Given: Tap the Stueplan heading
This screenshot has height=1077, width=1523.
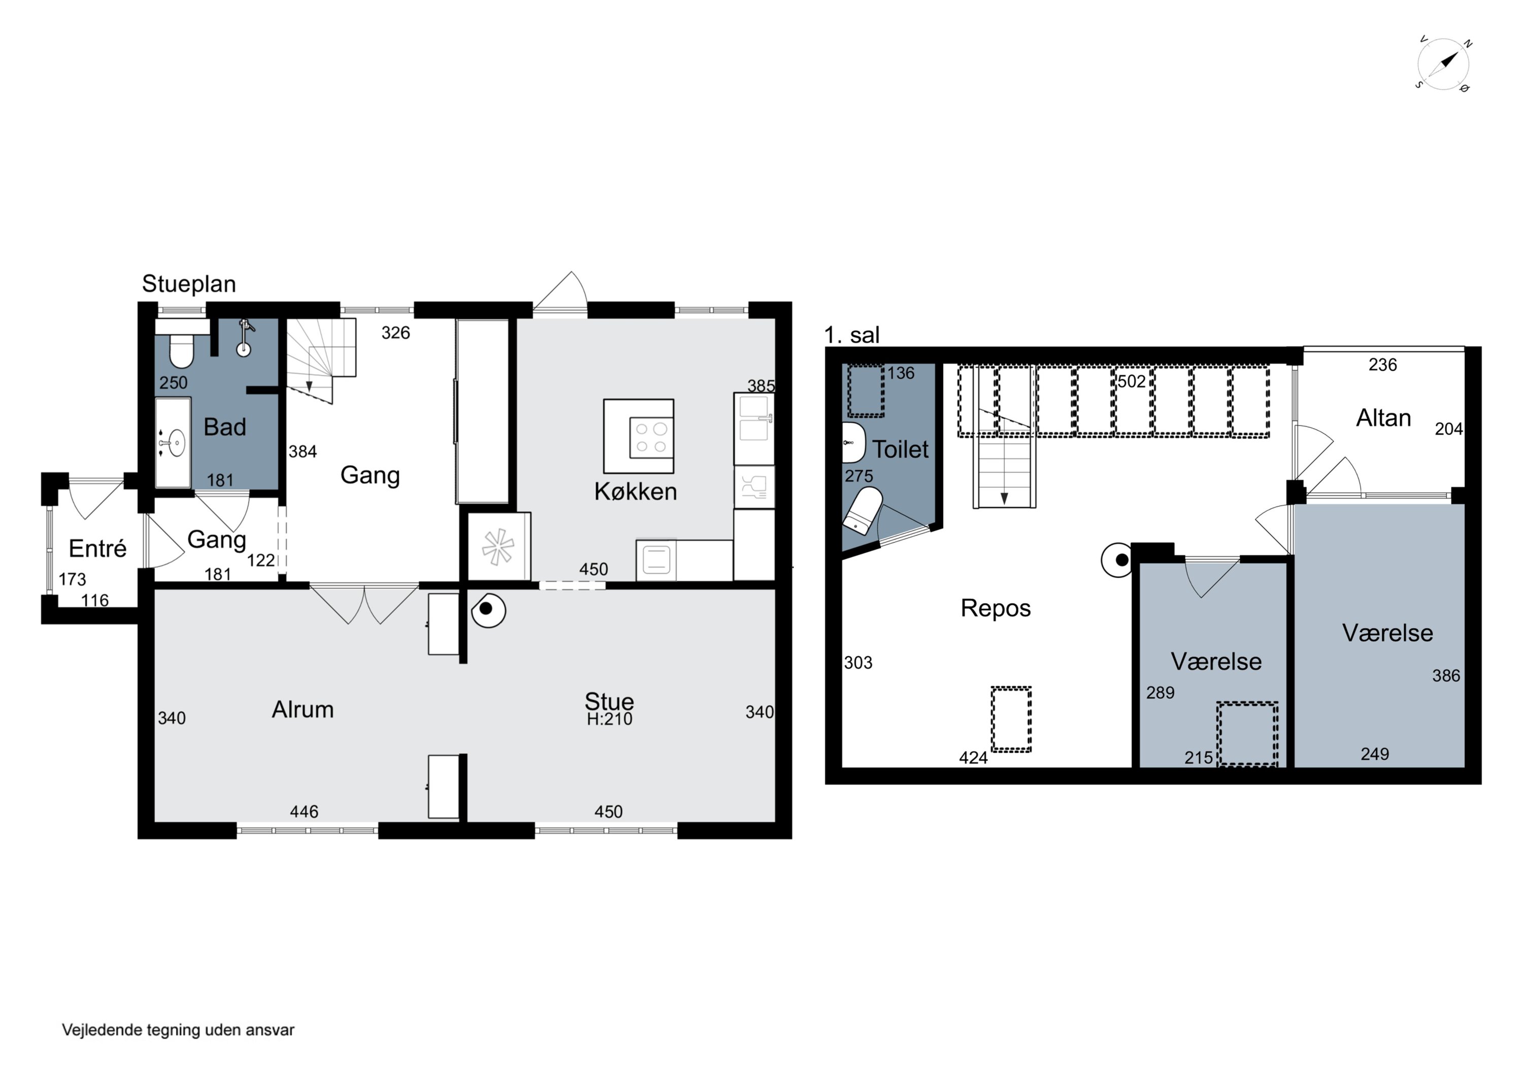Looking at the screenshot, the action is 189,284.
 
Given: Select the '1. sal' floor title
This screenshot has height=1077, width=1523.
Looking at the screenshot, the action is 852,335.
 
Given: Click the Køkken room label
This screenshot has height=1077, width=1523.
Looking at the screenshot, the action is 636,492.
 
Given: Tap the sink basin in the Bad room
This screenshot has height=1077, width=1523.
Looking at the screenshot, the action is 176,443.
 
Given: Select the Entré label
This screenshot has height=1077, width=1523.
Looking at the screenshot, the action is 97,549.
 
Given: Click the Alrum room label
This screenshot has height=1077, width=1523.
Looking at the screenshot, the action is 303,709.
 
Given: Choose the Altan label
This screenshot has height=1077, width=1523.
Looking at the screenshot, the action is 1383,418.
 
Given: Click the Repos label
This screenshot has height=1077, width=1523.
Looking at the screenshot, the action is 996,608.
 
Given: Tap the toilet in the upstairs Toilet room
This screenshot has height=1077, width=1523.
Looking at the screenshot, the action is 863,510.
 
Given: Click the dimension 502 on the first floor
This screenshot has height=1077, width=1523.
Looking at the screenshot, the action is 1132,381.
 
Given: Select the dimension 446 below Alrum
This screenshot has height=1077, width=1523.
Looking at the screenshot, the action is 304,811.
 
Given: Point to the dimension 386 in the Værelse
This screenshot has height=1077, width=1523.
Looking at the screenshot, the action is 1446,675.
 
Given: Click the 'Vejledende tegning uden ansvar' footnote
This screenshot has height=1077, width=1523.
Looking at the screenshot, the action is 178,1030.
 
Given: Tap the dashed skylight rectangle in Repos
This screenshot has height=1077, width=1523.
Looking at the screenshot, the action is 1011,720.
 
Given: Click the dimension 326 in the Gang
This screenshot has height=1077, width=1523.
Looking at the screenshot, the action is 395,333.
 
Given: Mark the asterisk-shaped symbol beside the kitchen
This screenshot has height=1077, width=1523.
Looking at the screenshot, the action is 498,547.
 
